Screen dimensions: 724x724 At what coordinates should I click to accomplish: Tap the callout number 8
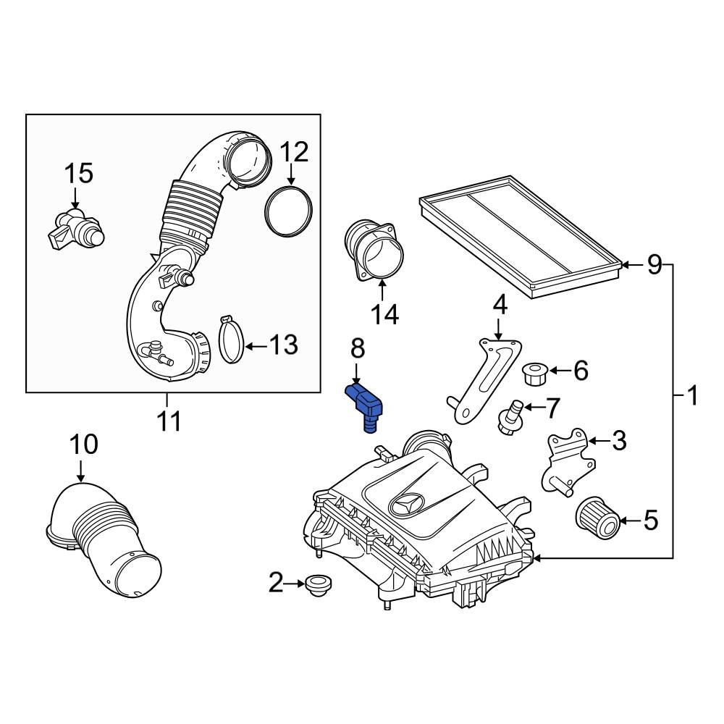tap(358, 348)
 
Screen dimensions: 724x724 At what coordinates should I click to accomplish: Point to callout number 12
tap(294, 152)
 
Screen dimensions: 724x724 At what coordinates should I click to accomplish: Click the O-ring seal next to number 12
tap(289, 209)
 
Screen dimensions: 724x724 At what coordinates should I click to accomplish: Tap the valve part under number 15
tap(75, 228)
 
